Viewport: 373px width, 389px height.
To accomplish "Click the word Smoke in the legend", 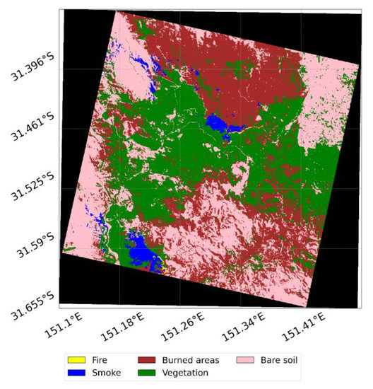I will (105, 372).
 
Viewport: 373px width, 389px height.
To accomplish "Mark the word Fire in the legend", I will (100, 360).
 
